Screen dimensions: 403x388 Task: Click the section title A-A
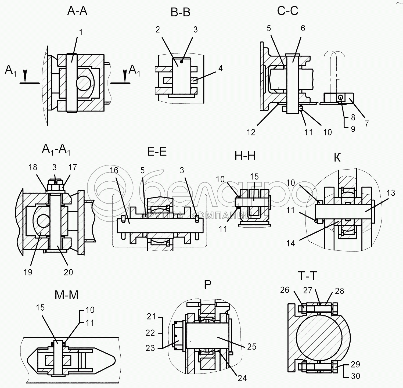(x=77, y=11)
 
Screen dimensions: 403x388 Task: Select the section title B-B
(x=181, y=13)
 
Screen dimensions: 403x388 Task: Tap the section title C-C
(x=288, y=11)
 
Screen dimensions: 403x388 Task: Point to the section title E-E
(x=157, y=152)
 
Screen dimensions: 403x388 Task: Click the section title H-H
(x=245, y=156)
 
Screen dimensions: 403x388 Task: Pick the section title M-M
(x=67, y=295)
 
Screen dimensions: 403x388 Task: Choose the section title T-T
(x=308, y=276)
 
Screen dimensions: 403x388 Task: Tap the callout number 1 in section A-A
(x=81, y=32)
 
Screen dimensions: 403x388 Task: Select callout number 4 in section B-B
(x=221, y=68)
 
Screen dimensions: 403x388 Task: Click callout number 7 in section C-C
(x=367, y=124)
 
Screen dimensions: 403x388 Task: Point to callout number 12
(x=251, y=132)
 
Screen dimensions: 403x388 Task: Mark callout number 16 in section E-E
(x=114, y=170)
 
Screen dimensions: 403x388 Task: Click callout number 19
(x=28, y=272)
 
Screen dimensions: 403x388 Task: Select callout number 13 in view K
(x=391, y=193)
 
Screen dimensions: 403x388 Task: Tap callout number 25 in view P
(x=252, y=347)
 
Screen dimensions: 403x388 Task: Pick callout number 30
(x=355, y=376)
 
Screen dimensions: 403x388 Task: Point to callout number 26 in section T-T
(x=285, y=290)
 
